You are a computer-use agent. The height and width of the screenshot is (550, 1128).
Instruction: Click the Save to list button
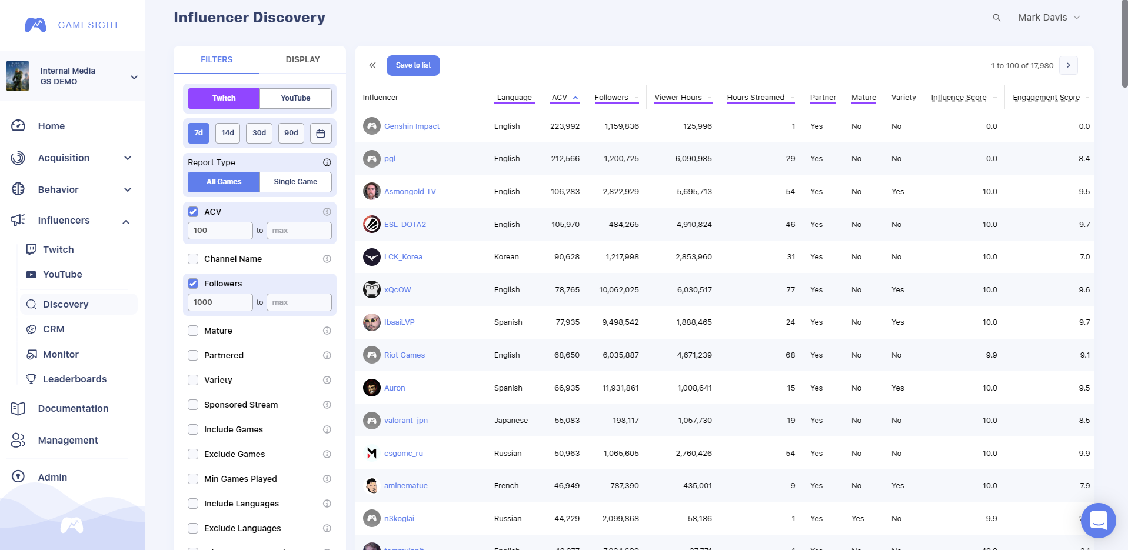pyautogui.click(x=413, y=65)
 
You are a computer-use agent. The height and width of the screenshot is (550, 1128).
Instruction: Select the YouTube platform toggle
pyautogui.click(x=295, y=98)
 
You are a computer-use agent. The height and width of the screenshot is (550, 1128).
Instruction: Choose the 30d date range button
pyautogui.click(x=259, y=133)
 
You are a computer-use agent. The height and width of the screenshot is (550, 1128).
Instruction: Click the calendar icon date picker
pyautogui.click(x=321, y=134)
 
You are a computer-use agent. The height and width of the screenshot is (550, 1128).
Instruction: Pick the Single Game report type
pyautogui.click(x=295, y=182)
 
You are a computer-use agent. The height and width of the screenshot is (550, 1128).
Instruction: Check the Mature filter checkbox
pyautogui.click(x=193, y=331)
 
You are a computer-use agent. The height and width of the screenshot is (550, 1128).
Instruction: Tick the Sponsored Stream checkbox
pyautogui.click(x=193, y=405)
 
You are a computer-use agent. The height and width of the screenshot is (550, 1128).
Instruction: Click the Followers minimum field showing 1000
pyautogui.click(x=219, y=302)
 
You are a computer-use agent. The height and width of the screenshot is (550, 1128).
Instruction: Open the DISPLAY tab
pyautogui.click(x=302, y=59)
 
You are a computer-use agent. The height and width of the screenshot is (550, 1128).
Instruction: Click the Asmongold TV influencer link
pyautogui.click(x=410, y=192)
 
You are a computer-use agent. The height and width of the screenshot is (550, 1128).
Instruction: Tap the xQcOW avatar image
pyautogui.click(x=372, y=289)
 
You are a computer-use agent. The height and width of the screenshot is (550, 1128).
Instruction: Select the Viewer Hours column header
pyautogui.click(x=678, y=98)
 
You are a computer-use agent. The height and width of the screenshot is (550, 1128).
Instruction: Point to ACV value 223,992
pyautogui.click(x=565, y=126)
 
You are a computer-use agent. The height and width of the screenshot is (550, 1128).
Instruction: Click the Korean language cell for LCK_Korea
pyautogui.click(x=507, y=257)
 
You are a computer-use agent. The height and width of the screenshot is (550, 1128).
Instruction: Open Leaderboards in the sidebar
pyautogui.click(x=75, y=379)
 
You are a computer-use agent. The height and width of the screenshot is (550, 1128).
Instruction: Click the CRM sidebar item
pyautogui.click(x=54, y=329)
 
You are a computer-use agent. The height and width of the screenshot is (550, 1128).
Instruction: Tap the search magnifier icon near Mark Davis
pyautogui.click(x=997, y=18)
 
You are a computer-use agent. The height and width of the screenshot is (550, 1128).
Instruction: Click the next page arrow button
pyautogui.click(x=1069, y=65)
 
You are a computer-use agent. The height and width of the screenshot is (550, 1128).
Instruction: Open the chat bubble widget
pyautogui.click(x=1098, y=520)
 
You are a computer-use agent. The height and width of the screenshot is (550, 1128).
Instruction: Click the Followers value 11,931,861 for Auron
pyautogui.click(x=620, y=388)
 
